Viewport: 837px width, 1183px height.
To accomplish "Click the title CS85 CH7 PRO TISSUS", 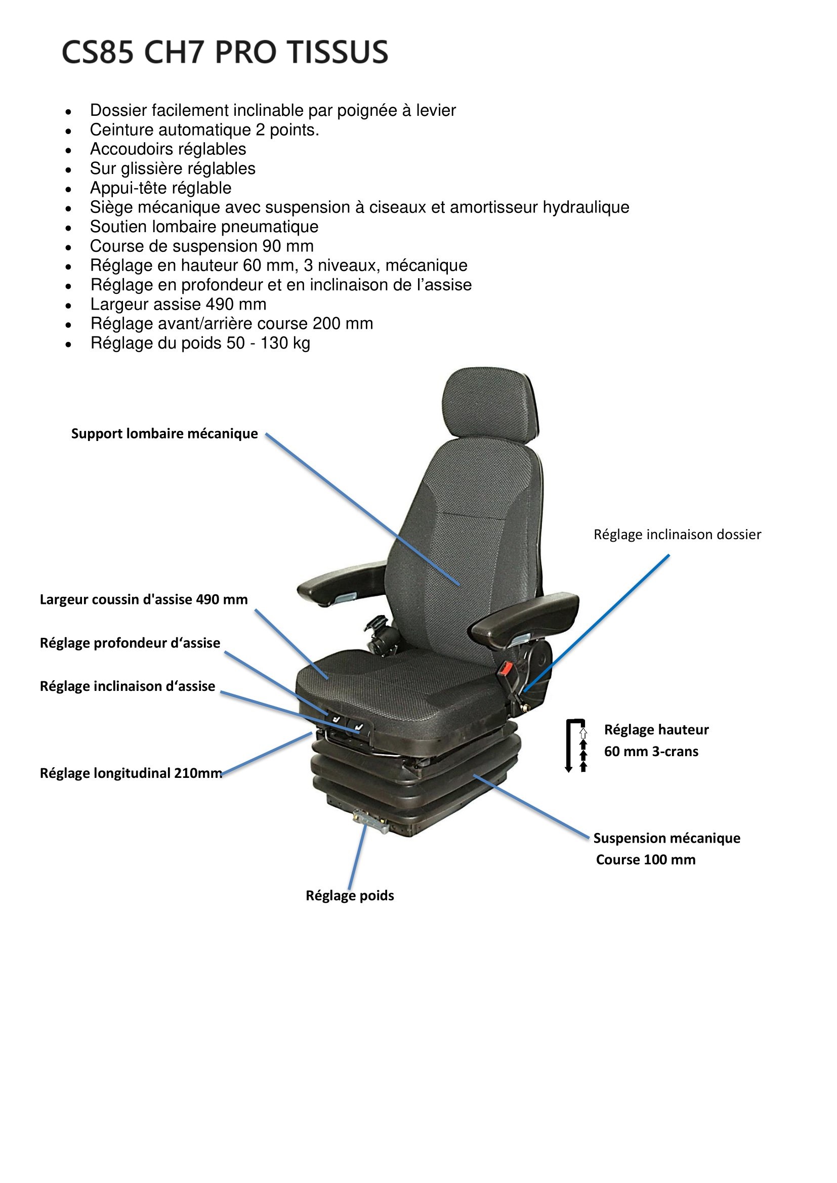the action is [225, 52].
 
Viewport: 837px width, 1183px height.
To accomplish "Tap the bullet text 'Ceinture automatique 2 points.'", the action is [204, 130].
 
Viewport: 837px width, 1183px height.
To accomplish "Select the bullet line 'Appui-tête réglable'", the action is [161, 188].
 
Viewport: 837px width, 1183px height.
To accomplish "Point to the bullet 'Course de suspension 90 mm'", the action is [202, 246].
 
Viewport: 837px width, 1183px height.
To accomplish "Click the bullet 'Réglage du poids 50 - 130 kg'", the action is [200, 343].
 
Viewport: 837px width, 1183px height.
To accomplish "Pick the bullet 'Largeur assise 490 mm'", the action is [178, 304].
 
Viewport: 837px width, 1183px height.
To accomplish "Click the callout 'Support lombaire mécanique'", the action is [164, 434].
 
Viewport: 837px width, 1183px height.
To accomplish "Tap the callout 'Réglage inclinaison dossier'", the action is [677, 535].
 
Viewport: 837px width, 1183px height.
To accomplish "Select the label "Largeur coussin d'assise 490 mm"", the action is [144, 600].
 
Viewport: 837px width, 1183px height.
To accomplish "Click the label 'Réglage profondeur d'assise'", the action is [130, 643].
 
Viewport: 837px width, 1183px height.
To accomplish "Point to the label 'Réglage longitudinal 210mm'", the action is [131, 773].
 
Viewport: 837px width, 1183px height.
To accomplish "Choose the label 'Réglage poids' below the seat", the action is [350, 896].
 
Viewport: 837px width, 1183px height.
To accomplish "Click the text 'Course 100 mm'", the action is [646, 860].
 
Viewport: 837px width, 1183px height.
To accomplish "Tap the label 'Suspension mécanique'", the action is [667, 838].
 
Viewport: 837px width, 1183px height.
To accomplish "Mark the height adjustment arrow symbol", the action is [576, 746].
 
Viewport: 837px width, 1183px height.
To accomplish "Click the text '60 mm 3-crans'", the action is [651, 752].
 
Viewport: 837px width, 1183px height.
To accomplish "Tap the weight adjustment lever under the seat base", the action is [369, 819].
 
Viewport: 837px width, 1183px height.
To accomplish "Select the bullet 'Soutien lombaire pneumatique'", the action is [204, 227].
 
